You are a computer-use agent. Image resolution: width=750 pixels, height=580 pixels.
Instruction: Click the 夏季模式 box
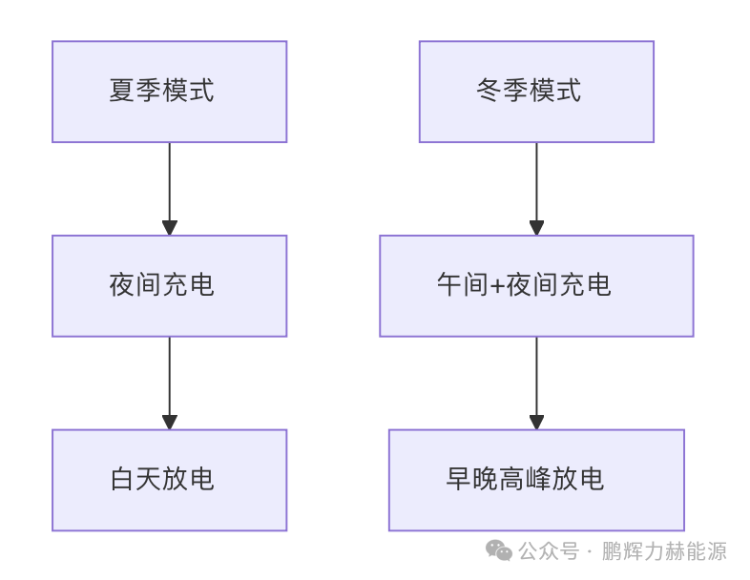click(x=169, y=92)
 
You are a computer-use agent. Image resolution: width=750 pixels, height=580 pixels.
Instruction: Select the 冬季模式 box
click(x=536, y=92)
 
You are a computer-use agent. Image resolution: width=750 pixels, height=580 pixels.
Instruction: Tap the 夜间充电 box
click(x=169, y=285)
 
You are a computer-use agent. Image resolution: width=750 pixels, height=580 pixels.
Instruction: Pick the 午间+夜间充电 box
click(x=536, y=285)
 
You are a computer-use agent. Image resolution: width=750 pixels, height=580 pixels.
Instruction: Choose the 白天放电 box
click(x=169, y=479)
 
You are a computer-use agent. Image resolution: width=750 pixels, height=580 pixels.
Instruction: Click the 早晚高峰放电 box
click(x=536, y=479)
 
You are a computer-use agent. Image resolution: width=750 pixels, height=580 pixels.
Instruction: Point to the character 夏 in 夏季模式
click(x=122, y=92)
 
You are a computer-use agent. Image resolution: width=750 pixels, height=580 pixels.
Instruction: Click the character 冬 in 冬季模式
click(x=490, y=92)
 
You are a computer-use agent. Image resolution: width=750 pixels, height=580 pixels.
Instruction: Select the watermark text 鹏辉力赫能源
click(x=664, y=551)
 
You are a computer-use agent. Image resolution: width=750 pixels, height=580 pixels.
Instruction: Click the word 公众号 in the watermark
click(x=549, y=551)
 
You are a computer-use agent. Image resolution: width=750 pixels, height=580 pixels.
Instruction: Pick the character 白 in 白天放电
click(x=122, y=479)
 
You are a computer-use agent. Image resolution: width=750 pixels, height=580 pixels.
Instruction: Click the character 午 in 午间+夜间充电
click(x=450, y=285)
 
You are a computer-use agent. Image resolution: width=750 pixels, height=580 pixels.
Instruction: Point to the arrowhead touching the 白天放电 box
click(x=169, y=422)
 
